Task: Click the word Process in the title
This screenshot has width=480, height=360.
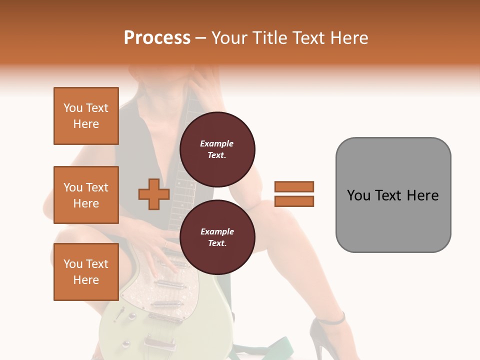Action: click(157, 38)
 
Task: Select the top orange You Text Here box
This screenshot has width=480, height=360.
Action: click(86, 116)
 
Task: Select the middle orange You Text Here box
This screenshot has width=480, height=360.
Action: click(86, 195)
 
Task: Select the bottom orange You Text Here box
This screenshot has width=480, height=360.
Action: click(86, 272)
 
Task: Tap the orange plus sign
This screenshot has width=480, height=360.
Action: click(154, 194)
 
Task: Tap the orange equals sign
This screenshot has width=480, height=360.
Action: click(294, 194)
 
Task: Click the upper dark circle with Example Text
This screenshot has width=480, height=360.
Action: click(217, 149)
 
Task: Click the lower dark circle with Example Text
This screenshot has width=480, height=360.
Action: click(217, 237)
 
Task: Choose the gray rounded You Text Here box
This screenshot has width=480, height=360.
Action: click(393, 195)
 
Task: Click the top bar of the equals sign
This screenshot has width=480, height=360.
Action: click(294, 186)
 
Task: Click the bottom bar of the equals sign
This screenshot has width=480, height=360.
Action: click(294, 201)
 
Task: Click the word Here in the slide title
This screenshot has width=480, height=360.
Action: click(350, 38)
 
